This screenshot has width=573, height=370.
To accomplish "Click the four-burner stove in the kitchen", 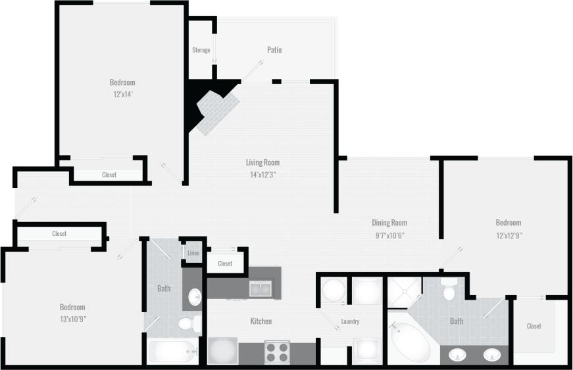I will click(x=277, y=352).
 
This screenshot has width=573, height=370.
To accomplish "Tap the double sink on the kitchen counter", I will click(x=260, y=288).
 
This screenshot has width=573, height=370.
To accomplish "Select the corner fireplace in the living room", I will click(x=218, y=109).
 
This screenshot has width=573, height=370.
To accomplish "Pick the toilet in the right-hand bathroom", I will click(x=449, y=289).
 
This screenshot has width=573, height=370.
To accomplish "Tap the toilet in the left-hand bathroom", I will click(x=187, y=323).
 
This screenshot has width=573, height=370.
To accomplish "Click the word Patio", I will click(x=274, y=50).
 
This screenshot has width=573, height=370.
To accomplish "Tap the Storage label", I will click(x=201, y=50).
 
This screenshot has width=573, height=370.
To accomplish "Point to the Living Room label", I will click(x=262, y=162).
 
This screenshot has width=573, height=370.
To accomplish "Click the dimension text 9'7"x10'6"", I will click(x=389, y=235).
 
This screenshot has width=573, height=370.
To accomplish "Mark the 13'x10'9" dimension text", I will click(x=72, y=319).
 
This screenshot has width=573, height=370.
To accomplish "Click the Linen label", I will click(x=193, y=253).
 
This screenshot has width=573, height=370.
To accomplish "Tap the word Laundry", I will click(x=349, y=322).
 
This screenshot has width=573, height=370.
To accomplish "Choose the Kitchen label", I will click(x=261, y=321).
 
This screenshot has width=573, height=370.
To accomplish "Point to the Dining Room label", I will click(x=389, y=223).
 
